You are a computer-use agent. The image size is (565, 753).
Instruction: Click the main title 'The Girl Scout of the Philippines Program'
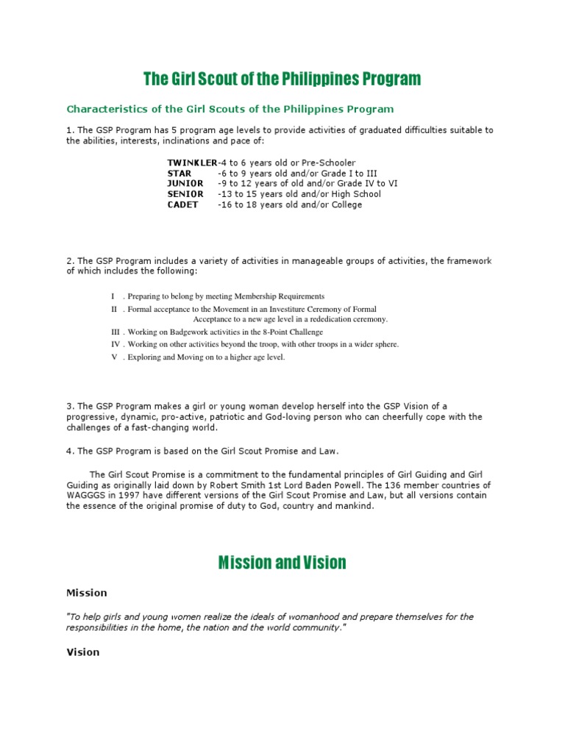click(x=282, y=79)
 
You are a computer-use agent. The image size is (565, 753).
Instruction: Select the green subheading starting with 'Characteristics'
click(x=230, y=109)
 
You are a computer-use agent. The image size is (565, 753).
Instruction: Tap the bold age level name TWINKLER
click(x=192, y=163)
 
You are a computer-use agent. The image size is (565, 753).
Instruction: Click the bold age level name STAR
click(x=179, y=174)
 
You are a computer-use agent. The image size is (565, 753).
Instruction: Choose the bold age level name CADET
click(x=182, y=205)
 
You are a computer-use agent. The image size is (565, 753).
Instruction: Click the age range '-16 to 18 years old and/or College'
click(x=290, y=205)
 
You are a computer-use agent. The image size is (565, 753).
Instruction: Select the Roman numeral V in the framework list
click(x=114, y=357)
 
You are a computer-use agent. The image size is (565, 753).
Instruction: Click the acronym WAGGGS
click(x=86, y=496)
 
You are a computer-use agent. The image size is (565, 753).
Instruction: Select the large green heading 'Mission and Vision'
click(x=282, y=563)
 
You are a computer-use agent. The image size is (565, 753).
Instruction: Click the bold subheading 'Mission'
click(x=87, y=593)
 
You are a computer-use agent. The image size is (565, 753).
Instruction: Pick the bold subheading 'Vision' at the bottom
click(x=82, y=652)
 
